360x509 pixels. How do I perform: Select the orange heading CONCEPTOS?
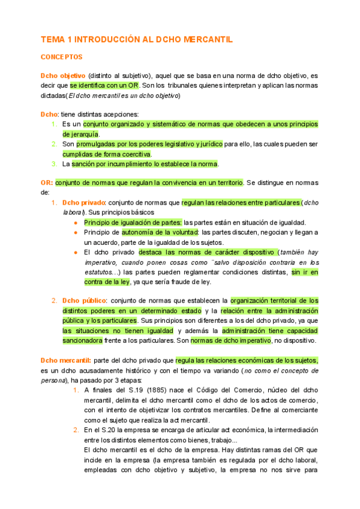pyautogui.click(x=61, y=57)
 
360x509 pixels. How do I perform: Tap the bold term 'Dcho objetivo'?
pyautogui.click(x=62, y=76)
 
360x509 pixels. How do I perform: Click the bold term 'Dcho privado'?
pyautogui.click(x=83, y=202)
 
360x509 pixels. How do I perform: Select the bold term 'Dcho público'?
pyautogui.click(x=84, y=300)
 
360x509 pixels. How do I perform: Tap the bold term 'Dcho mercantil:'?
pyautogui.click(x=65, y=360)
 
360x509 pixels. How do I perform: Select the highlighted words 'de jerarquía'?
pyautogui.click(x=80, y=134)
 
